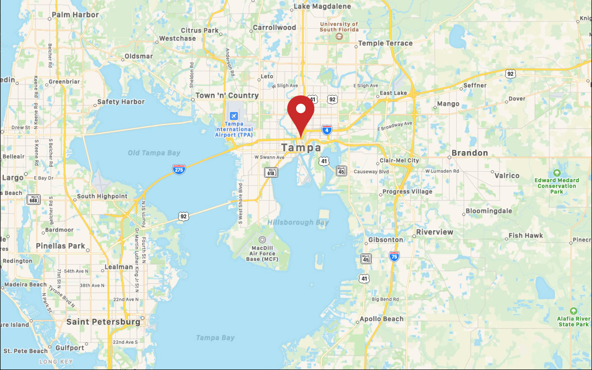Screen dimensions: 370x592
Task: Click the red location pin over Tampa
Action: (301, 111)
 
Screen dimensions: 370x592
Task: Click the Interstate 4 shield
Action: (327, 130)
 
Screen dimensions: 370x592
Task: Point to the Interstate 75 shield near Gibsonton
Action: (394, 257)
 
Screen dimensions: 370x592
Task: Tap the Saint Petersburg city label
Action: (104, 321)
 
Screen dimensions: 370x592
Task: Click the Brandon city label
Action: (470, 153)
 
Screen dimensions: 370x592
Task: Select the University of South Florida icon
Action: (340, 37)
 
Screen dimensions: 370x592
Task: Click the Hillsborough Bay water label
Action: (298, 222)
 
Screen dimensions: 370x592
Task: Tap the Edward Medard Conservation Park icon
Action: (557, 173)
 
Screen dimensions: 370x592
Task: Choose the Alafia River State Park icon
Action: (573, 311)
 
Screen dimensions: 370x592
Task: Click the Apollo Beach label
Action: (381, 319)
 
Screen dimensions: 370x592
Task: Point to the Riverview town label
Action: (435, 232)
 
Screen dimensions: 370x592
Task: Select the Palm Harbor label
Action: (75, 15)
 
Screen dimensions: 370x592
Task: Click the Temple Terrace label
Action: (385, 43)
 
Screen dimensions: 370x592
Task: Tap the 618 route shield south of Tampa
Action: (271, 172)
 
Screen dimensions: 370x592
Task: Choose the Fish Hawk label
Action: (526, 235)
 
